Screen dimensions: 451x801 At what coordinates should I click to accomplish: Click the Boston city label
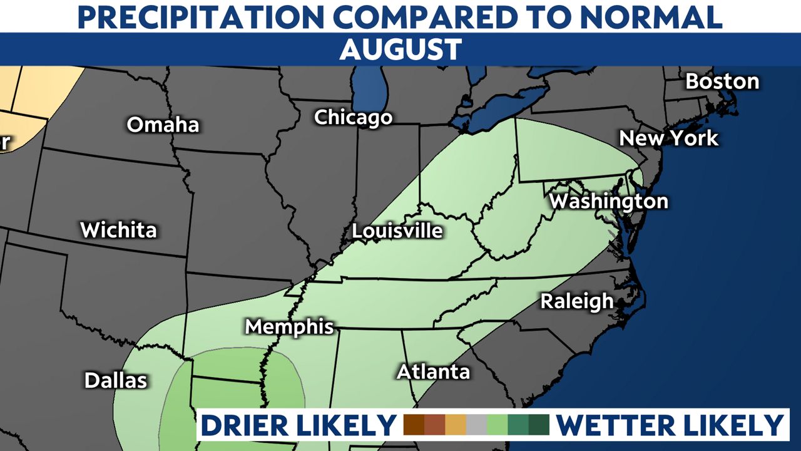click(722, 81)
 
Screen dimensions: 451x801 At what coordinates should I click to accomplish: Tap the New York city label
click(669, 138)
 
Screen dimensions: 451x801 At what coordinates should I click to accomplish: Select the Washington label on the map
click(608, 201)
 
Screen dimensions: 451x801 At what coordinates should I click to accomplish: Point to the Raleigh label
click(577, 301)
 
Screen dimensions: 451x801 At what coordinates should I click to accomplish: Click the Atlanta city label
click(433, 371)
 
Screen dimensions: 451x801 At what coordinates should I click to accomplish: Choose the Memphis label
click(289, 326)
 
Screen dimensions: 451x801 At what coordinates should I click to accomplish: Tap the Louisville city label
click(397, 231)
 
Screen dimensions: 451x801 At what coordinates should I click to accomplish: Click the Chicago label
click(353, 117)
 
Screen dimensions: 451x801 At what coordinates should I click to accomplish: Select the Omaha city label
click(163, 125)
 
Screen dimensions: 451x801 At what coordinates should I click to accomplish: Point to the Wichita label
click(118, 230)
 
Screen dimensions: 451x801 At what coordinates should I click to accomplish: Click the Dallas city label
click(116, 380)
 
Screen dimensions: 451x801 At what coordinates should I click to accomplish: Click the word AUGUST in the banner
click(400, 49)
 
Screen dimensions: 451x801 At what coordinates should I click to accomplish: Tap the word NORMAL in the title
click(651, 17)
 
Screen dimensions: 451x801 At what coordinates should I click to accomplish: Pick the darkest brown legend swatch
click(414, 425)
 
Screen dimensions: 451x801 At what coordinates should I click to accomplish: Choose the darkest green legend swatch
click(539, 425)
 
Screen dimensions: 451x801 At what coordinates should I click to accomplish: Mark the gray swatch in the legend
click(476, 425)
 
